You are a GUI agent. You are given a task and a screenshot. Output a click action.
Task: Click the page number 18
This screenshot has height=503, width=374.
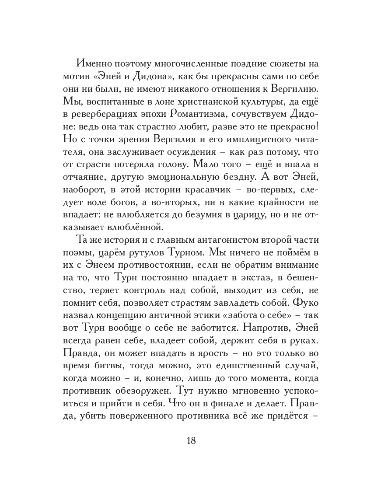click(x=191, y=440)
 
